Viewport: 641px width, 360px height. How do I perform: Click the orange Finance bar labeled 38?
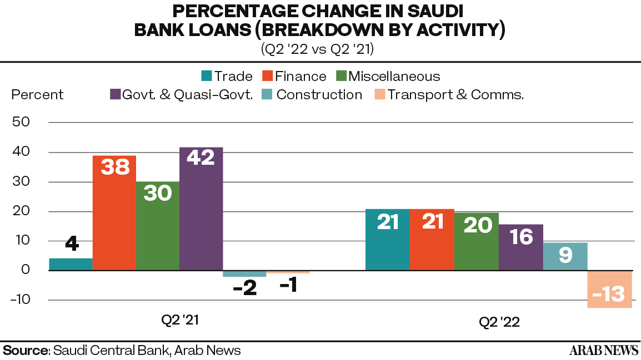pos(114,212)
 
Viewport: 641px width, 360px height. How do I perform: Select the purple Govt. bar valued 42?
pos(201,209)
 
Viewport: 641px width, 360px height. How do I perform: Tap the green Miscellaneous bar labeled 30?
pos(158,226)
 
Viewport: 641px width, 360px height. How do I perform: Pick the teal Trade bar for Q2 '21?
pos(71,264)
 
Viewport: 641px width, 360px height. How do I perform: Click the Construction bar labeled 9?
pos(565,256)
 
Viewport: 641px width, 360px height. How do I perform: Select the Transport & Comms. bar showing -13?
pos(609,289)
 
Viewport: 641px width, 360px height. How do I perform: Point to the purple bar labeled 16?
pos(521,247)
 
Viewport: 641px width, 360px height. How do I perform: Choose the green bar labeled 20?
pos(477,241)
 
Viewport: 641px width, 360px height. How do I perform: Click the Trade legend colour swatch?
pos(207,76)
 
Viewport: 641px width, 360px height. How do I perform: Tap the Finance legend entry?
pos(294,76)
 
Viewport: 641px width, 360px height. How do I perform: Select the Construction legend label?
pos(319,95)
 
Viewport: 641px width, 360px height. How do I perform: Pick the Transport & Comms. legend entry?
pos(449,95)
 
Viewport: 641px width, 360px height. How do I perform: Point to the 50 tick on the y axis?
pos(21,121)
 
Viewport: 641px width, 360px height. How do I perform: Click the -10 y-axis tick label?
pos(21,300)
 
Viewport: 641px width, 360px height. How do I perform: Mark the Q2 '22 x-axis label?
pos(499,322)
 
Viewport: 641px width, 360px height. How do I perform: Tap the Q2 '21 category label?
pos(180,320)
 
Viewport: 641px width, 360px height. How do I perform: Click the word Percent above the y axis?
pos(37,95)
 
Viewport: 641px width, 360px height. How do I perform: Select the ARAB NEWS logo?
pos(604,350)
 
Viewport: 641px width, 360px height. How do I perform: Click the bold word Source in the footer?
pos(26,350)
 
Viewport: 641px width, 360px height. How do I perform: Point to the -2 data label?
pos(245,288)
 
